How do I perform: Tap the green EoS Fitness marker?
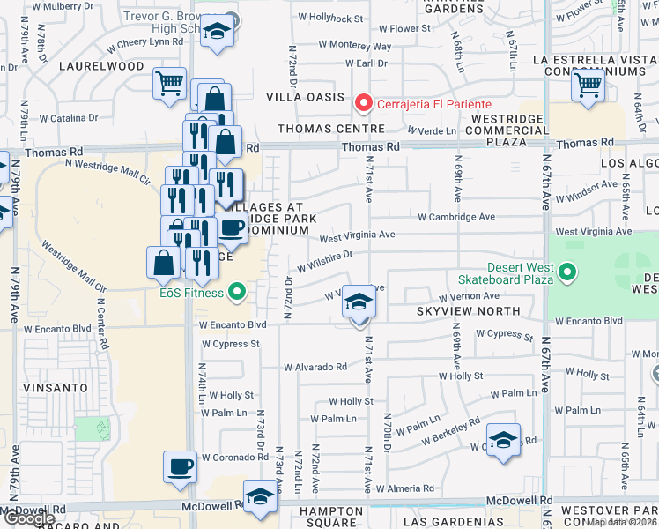tap(236, 291)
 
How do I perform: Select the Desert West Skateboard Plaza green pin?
tap(568, 274)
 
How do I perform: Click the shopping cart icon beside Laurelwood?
tap(169, 85)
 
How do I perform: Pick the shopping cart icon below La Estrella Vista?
tap(588, 86)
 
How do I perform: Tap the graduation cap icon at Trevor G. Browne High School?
tap(215, 33)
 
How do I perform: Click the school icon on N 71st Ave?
tap(359, 303)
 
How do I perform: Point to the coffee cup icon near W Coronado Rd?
tap(181, 466)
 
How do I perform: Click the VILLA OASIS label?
tap(305, 97)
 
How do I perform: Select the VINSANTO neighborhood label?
tap(57, 387)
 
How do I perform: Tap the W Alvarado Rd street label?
tap(315, 367)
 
